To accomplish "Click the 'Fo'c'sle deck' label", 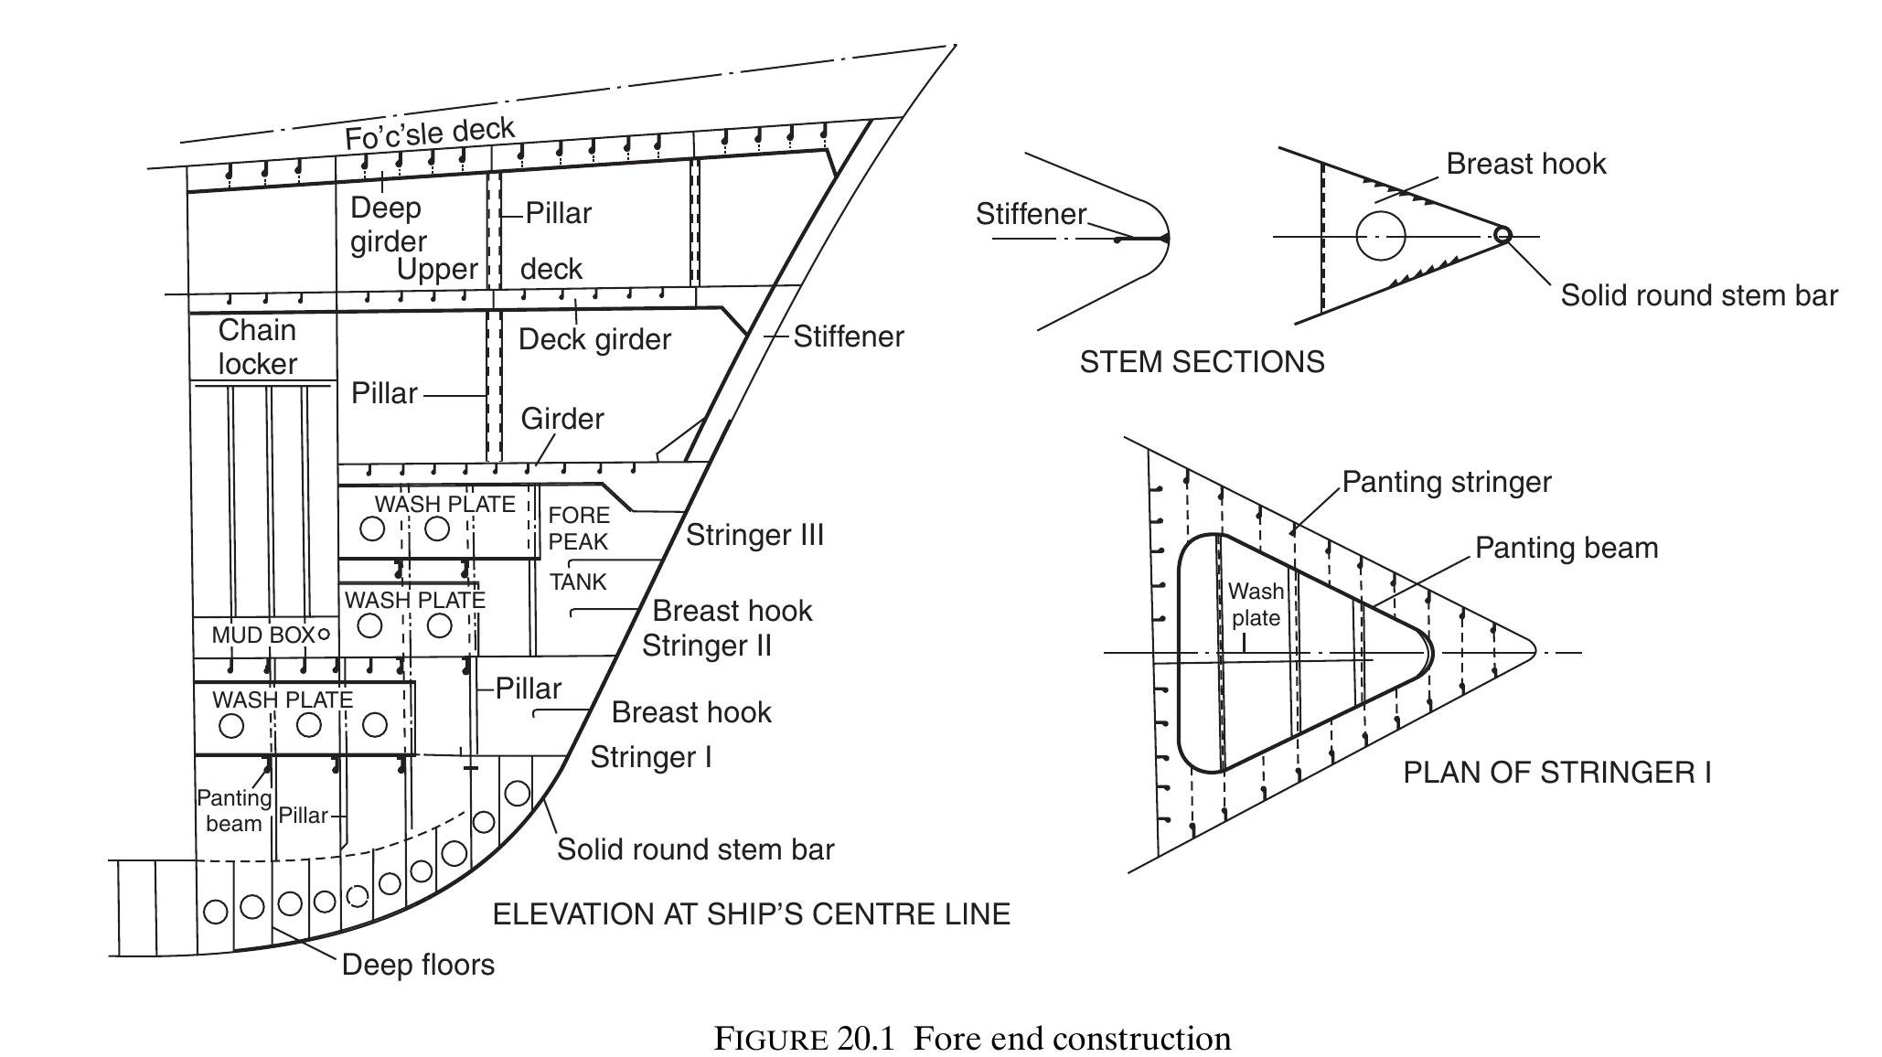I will (x=429, y=133).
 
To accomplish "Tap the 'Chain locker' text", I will (x=257, y=347).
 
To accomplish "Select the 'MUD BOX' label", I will (x=262, y=635).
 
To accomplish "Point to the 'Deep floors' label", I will (x=418, y=965).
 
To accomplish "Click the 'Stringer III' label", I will (x=754, y=535).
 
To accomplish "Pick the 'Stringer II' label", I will (x=706, y=646).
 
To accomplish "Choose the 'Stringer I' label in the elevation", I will (x=650, y=757).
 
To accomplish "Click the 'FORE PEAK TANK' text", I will (x=578, y=548).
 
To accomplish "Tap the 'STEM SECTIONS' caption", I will (x=1202, y=362).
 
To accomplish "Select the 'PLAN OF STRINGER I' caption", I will (x=1556, y=773).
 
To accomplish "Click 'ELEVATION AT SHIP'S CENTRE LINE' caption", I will (x=751, y=914).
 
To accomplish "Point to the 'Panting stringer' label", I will (x=1447, y=482).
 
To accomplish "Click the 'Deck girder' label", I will (x=594, y=339).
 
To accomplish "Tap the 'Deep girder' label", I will (x=388, y=224).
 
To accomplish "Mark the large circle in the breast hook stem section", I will (x=1380, y=236).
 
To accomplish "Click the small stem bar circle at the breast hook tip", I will (x=1502, y=235).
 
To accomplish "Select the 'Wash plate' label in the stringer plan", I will (x=1256, y=604).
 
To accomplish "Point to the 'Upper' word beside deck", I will (x=437, y=269).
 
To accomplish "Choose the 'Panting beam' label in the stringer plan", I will (x=1566, y=548).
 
